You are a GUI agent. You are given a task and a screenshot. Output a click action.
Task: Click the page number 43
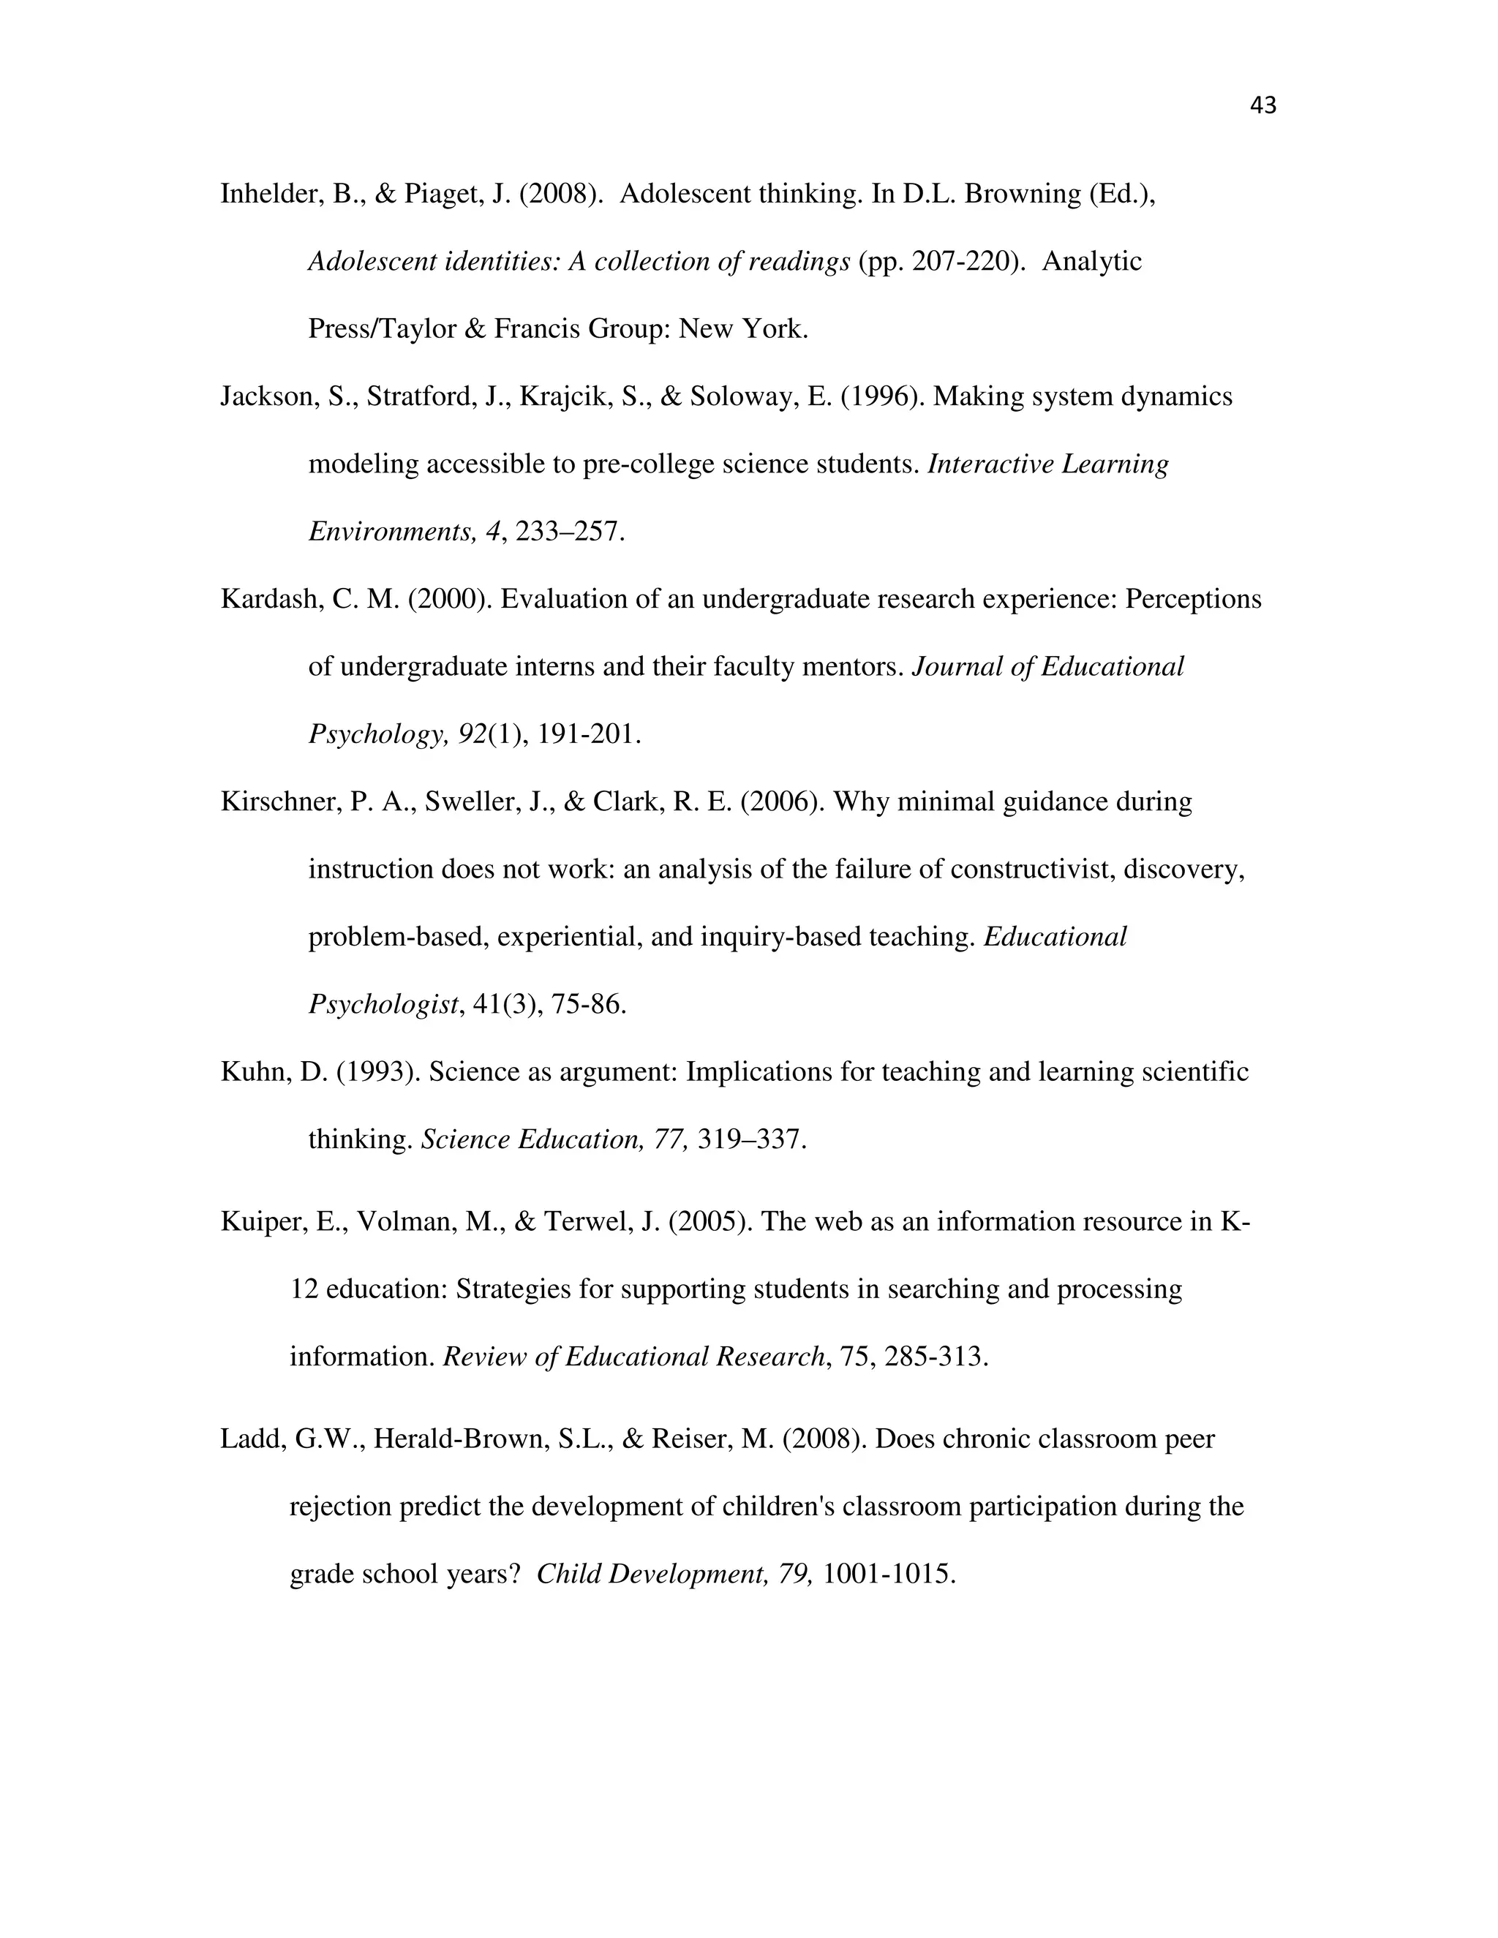[x=1262, y=105]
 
